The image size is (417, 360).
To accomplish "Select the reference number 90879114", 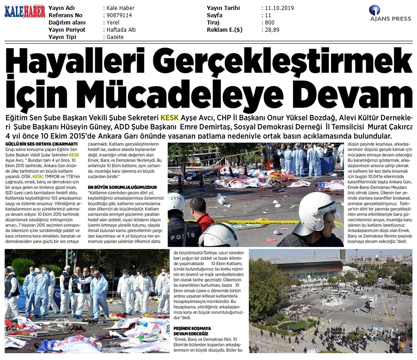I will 119,15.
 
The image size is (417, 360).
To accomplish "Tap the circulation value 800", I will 270,23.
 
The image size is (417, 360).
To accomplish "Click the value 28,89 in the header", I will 272,30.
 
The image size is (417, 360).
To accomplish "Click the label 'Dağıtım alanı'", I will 68,23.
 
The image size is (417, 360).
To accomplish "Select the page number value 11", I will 268,15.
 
